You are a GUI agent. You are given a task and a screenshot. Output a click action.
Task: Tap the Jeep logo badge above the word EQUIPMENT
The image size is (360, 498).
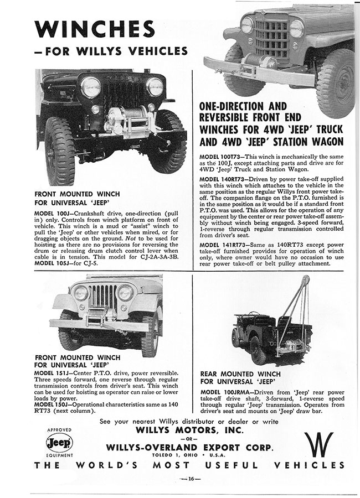coord(59,443)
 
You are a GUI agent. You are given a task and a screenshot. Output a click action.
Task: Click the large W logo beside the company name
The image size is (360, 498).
coord(318,444)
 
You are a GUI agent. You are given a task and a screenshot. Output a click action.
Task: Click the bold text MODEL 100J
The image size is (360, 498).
coord(54,213)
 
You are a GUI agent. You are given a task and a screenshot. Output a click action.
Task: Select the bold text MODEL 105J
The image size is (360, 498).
coord(54,262)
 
